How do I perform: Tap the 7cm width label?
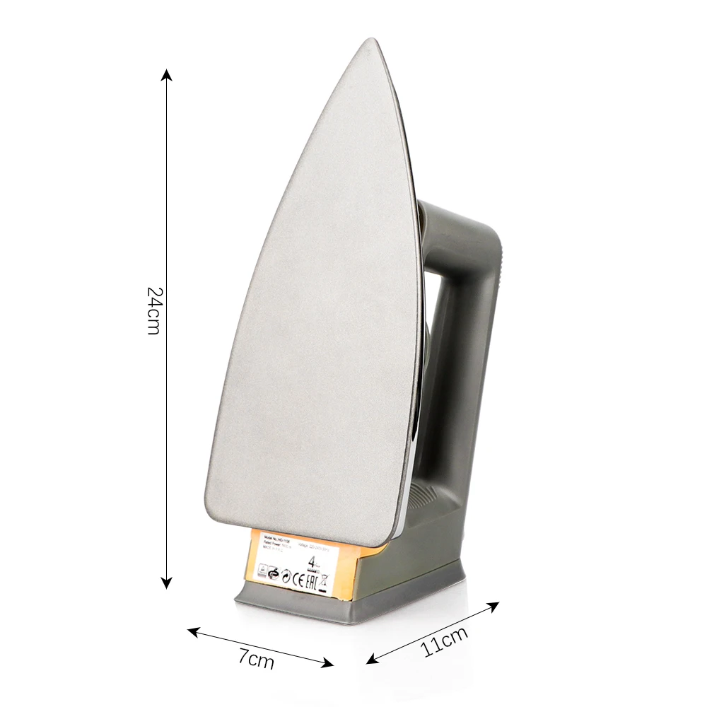(x=256, y=660)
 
